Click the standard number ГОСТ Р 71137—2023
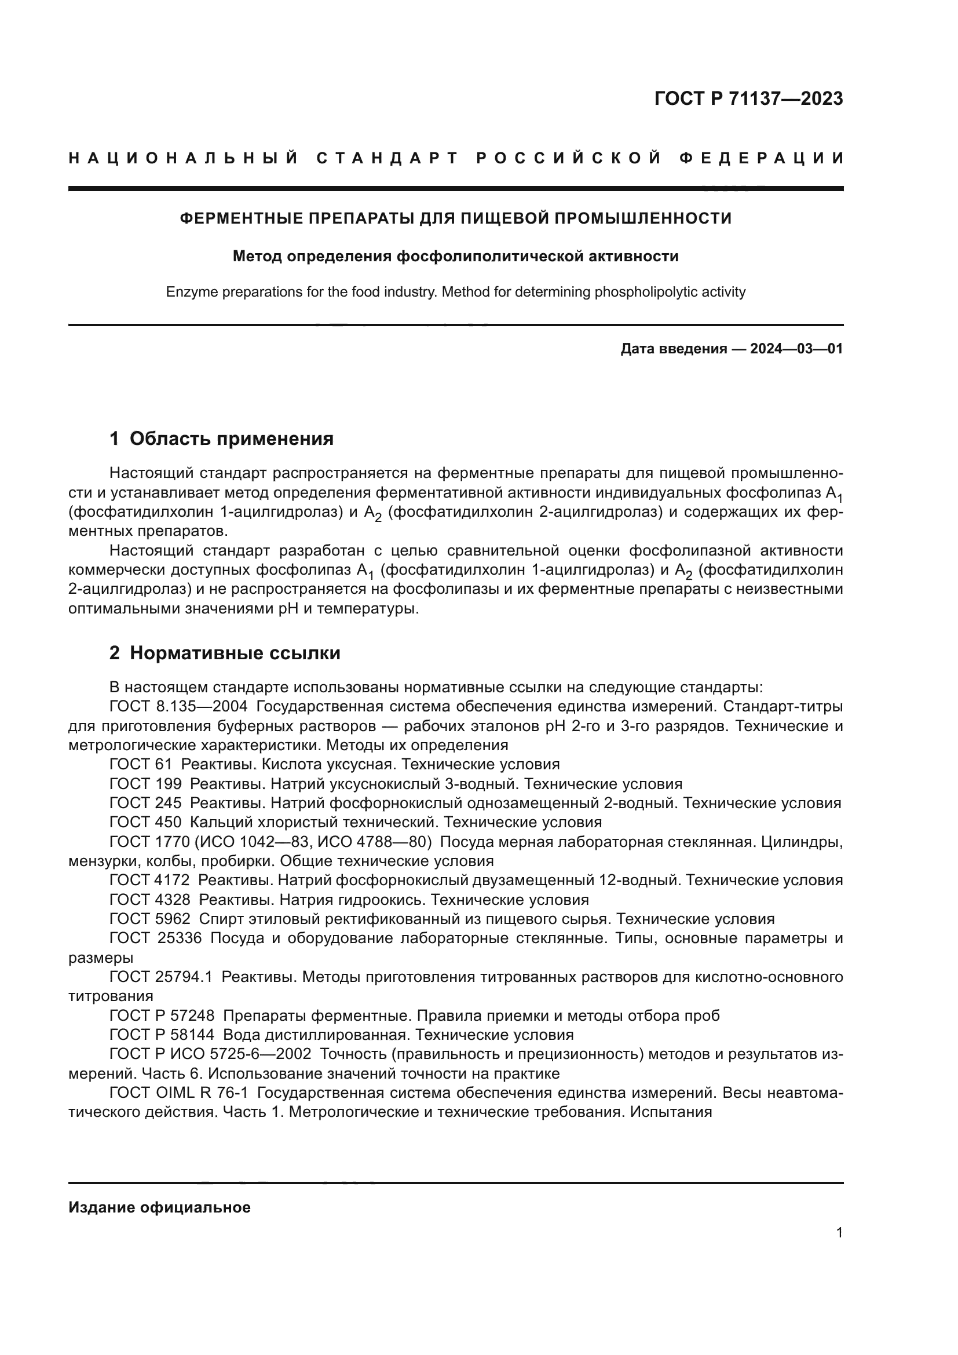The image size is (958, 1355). (x=748, y=98)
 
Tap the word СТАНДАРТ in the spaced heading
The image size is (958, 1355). (x=387, y=158)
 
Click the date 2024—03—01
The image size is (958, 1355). (x=796, y=349)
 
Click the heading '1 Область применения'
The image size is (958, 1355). (x=222, y=439)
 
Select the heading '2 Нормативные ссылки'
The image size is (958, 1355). (x=225, y=653)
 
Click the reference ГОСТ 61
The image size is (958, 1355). (x=140, y=764)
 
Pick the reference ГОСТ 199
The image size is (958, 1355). (x=145, y=784)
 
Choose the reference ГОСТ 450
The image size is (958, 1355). (x=145, y=822)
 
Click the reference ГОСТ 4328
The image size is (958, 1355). (x=150, y=900)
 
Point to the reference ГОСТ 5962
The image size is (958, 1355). (x=150, y=919)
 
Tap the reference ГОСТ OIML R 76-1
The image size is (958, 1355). (x=178, y=1093)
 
